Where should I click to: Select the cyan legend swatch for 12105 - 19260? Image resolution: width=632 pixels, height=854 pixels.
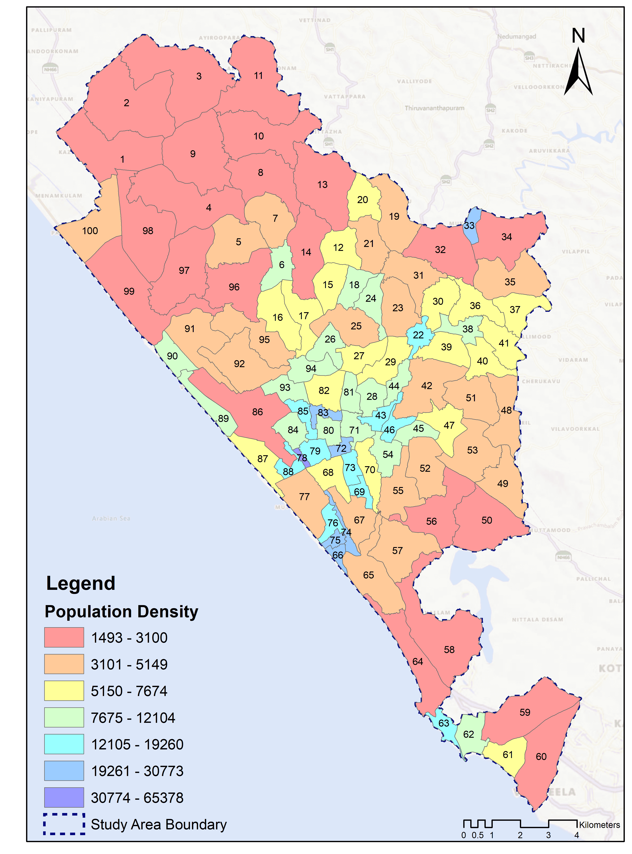[x=64, y=744]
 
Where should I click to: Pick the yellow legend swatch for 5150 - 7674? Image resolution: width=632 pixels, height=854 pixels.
[x=64, y=691]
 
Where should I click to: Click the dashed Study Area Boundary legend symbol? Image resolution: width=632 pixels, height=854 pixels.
[x=64, y=824]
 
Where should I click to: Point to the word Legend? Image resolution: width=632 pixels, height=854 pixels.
[x=81, y=584]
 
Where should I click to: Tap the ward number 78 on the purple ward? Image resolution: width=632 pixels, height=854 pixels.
[x=302, y=458]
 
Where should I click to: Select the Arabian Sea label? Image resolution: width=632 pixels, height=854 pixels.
[x=111, y=518]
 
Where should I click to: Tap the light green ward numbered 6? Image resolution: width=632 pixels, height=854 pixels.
[x=282, y=265]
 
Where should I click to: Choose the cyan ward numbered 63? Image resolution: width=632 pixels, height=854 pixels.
[x=444, y=723]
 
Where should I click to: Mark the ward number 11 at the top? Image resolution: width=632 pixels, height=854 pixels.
[x=259, y=76]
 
